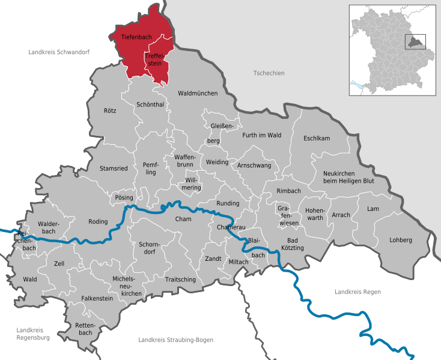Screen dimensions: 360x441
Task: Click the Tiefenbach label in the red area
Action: (136, 37)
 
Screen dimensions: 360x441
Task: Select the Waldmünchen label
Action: (198, 93)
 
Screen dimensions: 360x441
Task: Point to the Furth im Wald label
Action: (261, 135)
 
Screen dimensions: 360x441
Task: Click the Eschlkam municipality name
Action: (317, 138)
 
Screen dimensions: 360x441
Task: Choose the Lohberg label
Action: (401, 240)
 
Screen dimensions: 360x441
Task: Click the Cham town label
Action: (183, 219)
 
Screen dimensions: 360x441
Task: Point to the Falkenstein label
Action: (97, 298)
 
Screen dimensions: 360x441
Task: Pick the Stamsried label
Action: (114, 168)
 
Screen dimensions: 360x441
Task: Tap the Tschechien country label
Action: (269, 73)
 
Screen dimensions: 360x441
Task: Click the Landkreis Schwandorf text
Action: (59, 52)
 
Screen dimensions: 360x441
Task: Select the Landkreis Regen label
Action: (357, 291)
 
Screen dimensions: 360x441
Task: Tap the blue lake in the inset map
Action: (359, 87)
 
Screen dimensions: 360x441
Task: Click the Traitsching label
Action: (180, 279)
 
